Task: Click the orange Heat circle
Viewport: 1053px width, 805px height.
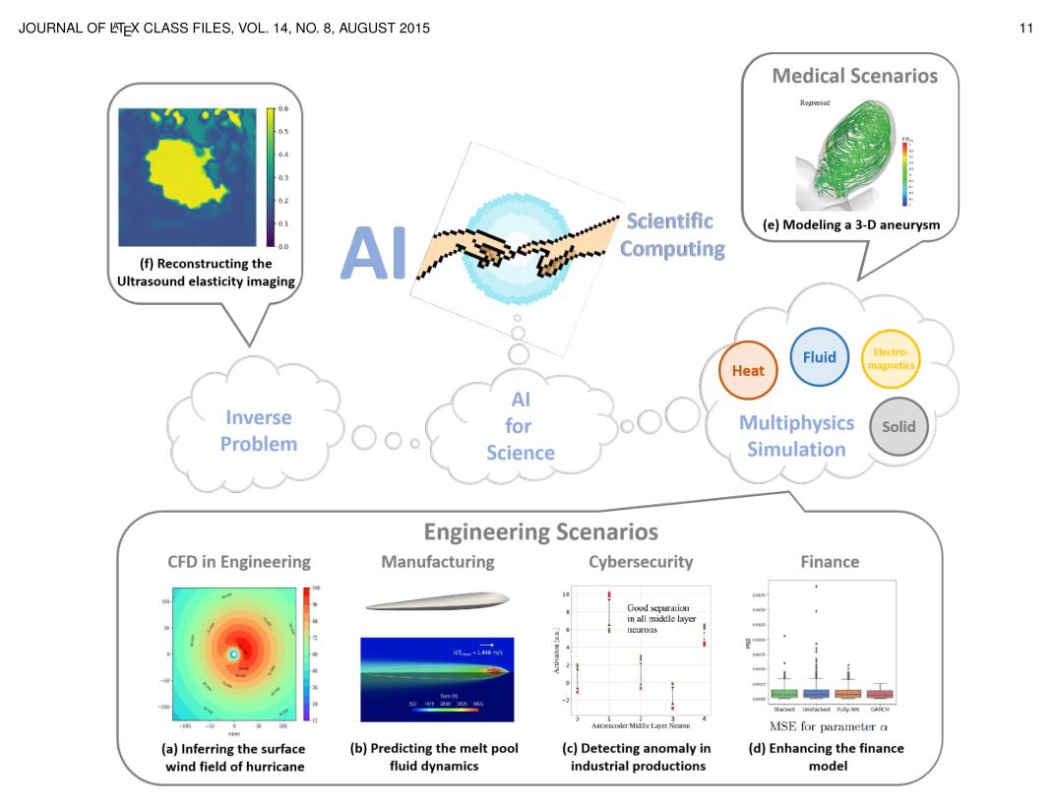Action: click(748, 371)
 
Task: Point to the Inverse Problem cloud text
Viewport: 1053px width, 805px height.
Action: click(258, 430)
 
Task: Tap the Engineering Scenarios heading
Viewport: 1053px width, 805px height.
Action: click(540, 532)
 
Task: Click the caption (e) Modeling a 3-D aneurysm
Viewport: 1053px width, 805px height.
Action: click(851, 225)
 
